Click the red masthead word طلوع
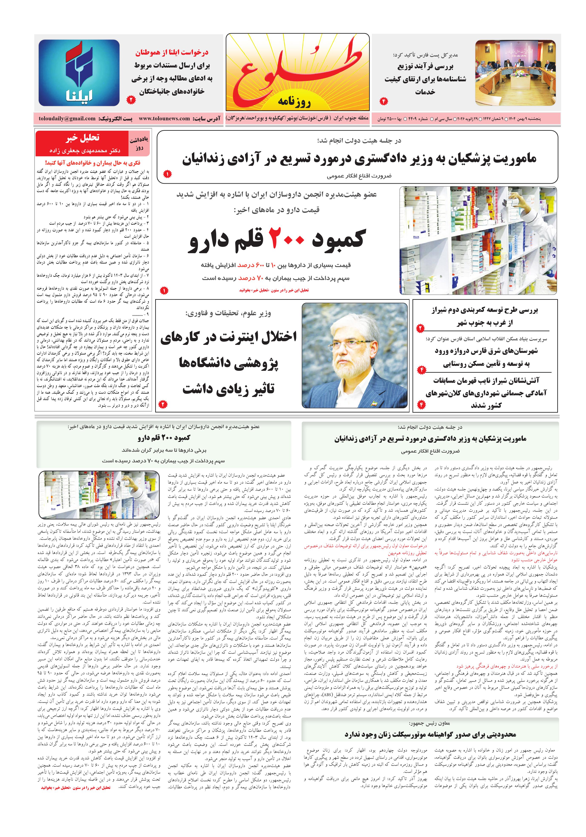click(297, 69)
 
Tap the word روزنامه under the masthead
click(294, 102)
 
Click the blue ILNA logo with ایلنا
click(79, 72)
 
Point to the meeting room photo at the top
click(515, 73)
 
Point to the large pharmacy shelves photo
click(478, 240)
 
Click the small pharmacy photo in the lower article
click(99, 494)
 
